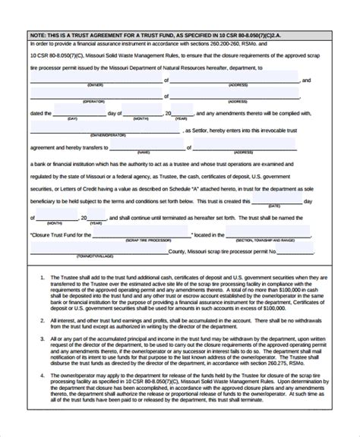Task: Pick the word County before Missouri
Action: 178,251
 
